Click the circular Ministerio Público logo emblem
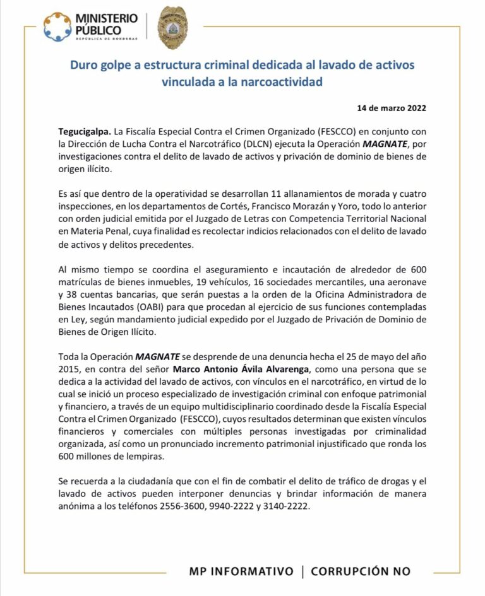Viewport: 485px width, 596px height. click(x=57, y=26)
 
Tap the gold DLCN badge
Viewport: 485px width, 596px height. click(x=172, y=27)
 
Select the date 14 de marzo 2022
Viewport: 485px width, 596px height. click(x=392, y=108)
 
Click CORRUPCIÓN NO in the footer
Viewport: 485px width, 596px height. click(x=361, y=571)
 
